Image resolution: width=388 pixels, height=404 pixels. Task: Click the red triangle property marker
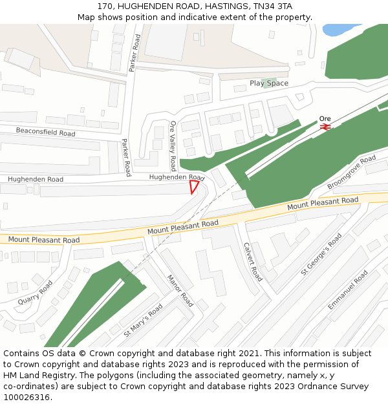pyautogui.click(x=193, y=187)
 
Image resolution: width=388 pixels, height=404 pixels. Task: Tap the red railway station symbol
pyautogui.click(x=325, y=127)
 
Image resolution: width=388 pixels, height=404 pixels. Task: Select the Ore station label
pyautogui.click(x=325, y=119)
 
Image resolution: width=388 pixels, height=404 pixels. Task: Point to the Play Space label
pyautogui.click(x=269, y=83)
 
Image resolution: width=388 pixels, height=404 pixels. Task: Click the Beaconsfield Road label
pyautogui.click(x=45, y=132)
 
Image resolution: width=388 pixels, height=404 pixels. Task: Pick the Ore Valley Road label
pyautogui.click(x=173, y=145)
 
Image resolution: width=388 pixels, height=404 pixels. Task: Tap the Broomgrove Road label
pyautogui.click(x=351, y=172)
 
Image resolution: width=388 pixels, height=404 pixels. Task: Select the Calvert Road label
pyautogui.click(x=252, y=262)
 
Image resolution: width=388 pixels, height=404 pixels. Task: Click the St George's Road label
pyautogui.click(x=321, y=255)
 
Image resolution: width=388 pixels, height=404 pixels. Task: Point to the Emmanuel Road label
pyautogui.click(x=348, y=290)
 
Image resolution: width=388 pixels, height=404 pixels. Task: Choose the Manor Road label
pyautogui.click(x=180, y=291)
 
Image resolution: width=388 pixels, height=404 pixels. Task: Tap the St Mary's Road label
pyautogui.click(x=143, y=321)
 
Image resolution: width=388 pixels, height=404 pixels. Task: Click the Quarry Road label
pyautogui.click(x=35, y=292)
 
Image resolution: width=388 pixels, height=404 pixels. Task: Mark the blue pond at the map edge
pyautogui.click(x=343, y=29)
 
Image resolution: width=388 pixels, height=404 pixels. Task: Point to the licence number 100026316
pyautogui.click(x=27, y=397)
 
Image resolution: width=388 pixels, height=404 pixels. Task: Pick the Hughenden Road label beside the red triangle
pyautogui.click(x=177, y=177)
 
